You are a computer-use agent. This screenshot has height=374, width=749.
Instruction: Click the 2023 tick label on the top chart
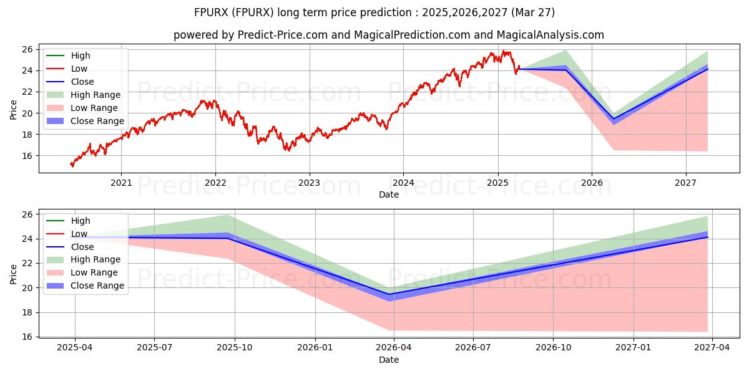309,183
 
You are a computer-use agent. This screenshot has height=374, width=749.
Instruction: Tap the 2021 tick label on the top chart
121,183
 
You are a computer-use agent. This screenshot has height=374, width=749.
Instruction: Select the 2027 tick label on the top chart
686,183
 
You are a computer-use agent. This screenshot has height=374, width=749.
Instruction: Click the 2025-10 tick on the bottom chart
235,348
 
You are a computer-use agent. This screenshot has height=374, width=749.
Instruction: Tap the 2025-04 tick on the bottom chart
75,348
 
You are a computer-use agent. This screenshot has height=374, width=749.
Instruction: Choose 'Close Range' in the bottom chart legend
97,285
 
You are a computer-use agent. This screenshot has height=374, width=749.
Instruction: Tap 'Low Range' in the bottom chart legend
94,272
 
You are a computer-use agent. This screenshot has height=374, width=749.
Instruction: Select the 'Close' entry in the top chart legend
82,82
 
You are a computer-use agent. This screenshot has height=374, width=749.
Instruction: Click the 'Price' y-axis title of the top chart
14,109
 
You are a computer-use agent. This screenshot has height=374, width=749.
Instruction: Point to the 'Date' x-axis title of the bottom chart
389,360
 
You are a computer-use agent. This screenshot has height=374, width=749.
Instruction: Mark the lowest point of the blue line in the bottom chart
389,294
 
